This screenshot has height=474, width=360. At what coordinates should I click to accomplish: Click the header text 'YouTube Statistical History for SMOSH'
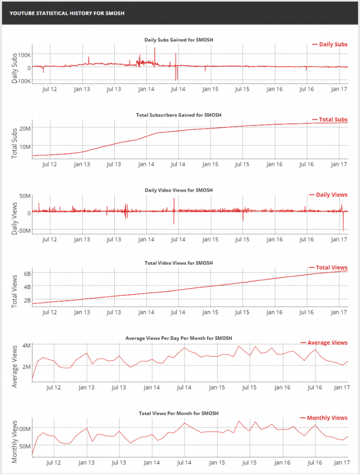[x=67, y=13]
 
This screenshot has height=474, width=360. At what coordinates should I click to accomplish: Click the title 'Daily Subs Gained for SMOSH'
[x=179, y=40]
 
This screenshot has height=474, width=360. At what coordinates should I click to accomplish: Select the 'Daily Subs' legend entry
[x=330, y=44]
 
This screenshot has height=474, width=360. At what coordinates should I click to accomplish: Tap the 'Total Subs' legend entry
[x=330, y=120]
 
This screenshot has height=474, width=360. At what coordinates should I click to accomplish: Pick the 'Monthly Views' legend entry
[x=324, y=418]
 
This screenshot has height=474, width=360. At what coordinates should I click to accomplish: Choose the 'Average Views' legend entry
[x=324, y=343]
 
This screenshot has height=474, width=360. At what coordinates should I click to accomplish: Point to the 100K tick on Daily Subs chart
[x=24, y=55]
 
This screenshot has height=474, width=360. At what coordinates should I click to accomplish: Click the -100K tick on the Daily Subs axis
[x=23, y=81]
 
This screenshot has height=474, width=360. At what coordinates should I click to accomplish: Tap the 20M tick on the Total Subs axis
[x=25, y=128]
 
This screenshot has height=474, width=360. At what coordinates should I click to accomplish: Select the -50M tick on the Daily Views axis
[x=24, y=231]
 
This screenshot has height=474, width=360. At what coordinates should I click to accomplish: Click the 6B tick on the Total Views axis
[x=27, y=274]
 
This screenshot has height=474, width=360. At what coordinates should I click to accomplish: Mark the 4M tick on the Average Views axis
[x=26, y=345]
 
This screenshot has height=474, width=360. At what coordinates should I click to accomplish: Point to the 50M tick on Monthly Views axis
[x=25, y=446]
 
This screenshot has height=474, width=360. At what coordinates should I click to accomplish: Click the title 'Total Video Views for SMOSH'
[x=179, y=263]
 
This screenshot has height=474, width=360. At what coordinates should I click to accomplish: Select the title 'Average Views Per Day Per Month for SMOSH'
[x=179, y=338]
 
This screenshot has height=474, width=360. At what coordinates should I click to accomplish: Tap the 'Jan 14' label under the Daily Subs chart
[x=146, y=89]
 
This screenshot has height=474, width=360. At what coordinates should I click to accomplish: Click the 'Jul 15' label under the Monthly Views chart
[x=249, y=462]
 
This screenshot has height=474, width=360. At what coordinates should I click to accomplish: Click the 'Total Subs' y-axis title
[x=14, y=143]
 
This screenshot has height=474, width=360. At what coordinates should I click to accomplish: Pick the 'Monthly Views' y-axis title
[x=14, y=442]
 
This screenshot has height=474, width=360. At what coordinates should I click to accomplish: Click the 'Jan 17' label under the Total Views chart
[x=339, y=312]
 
